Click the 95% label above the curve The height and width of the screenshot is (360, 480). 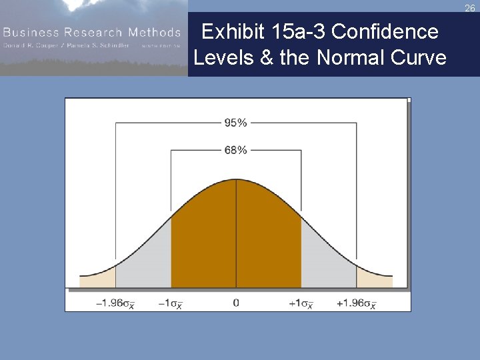click(235, 123)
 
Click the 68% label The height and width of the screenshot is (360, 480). click(235, 150)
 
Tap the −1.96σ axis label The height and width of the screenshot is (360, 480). click(115, 303)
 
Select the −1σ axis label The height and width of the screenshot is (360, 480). click(170, 303)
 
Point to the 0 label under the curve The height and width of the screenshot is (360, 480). click(236, 303)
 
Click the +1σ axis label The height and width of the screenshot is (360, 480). click(301, 303)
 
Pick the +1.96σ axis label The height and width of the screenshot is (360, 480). click(356, 303)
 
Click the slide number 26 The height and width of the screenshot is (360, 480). click(470, 8)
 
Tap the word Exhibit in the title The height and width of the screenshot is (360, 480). click(232, 32)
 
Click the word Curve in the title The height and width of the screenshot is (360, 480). click(418, 58)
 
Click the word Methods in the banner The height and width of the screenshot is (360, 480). click(155, 32)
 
